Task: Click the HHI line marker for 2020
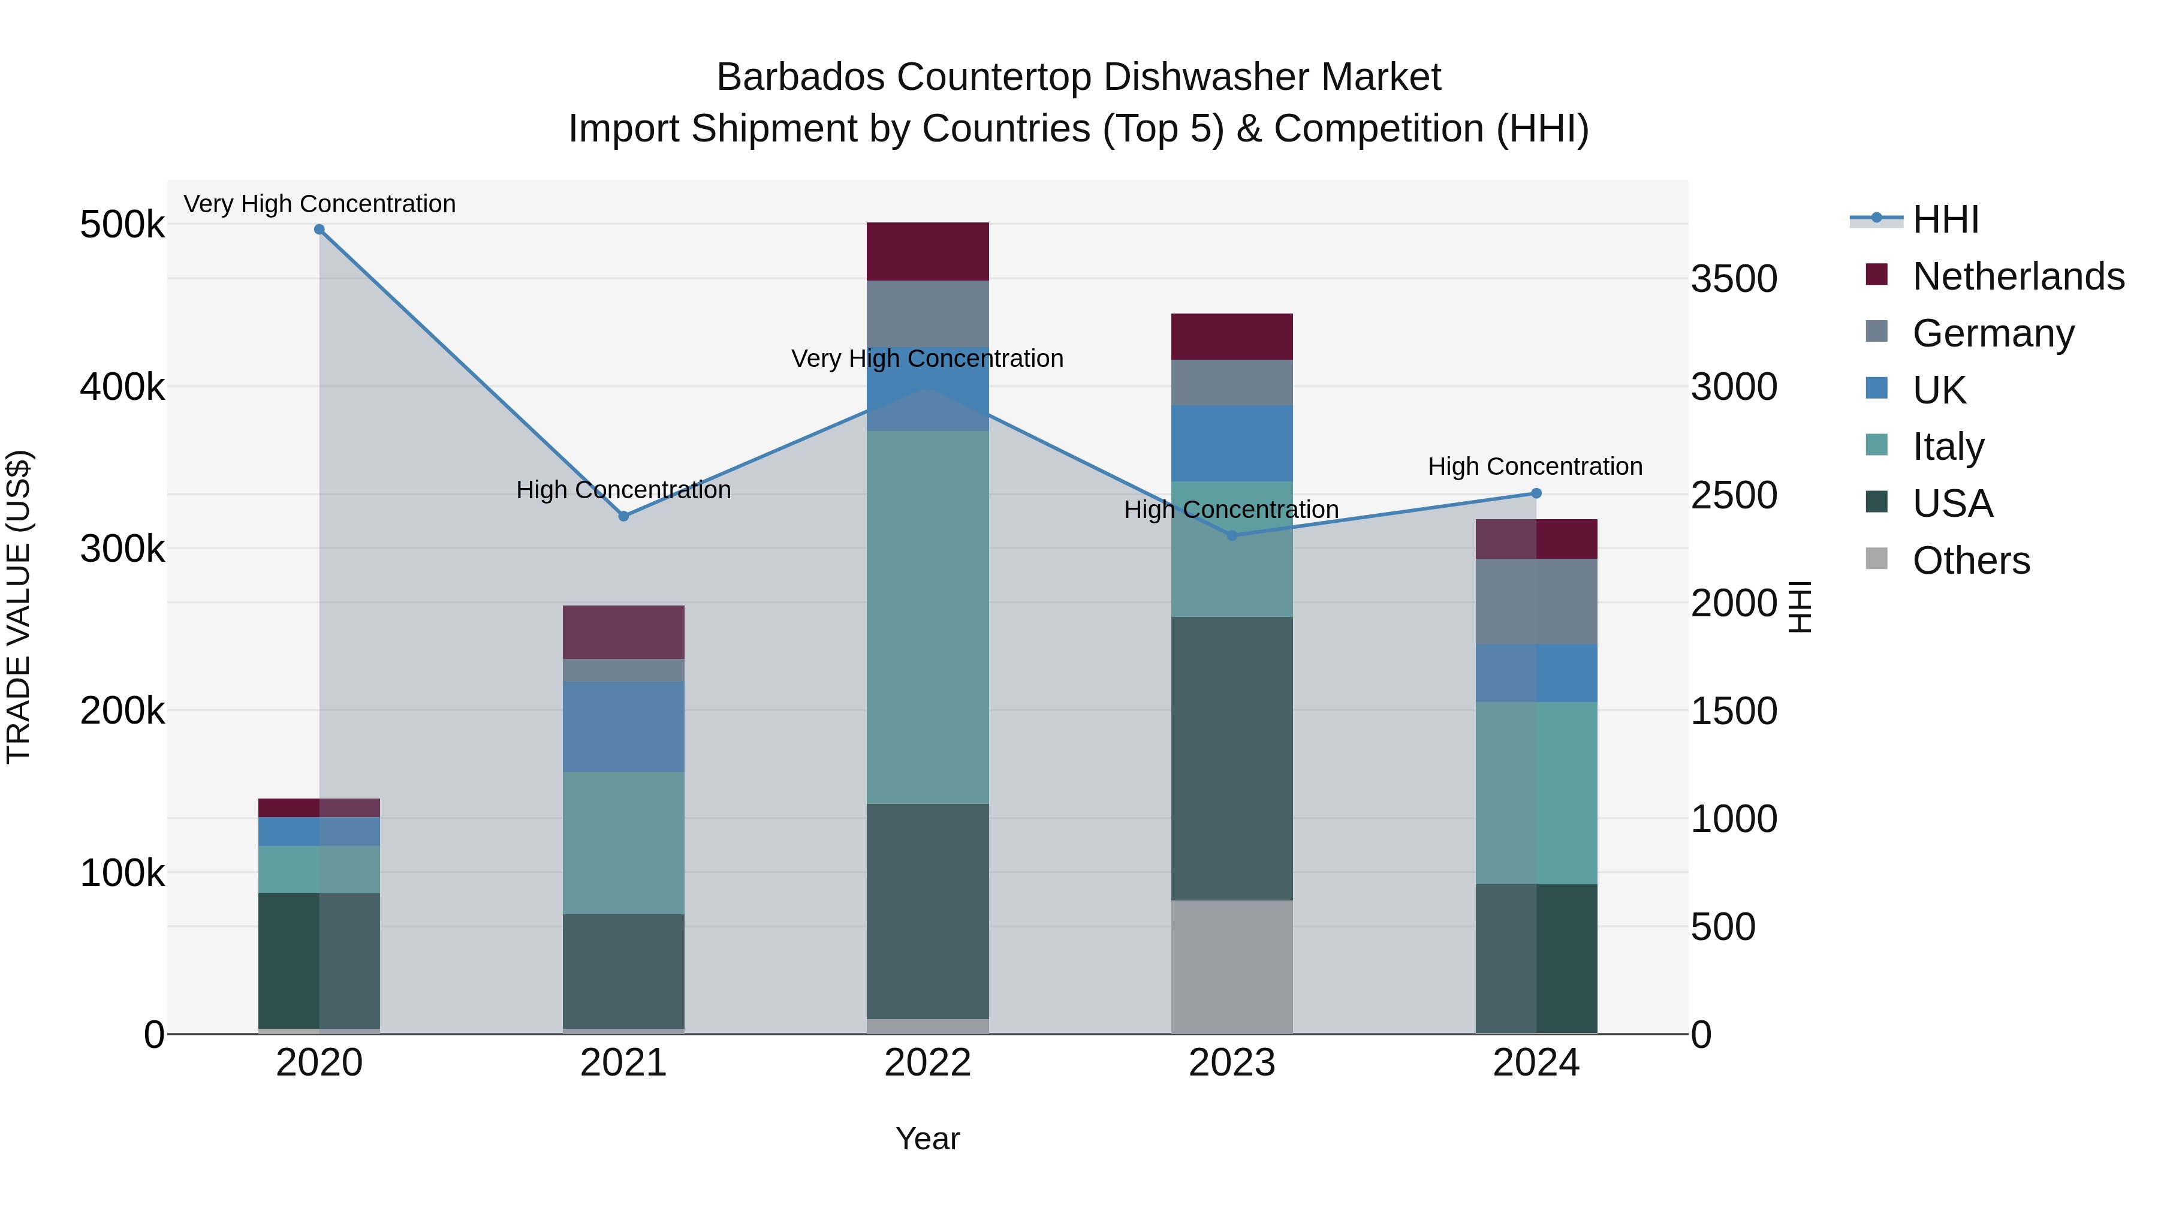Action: click(319, 230)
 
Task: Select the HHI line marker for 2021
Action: click(623, 516)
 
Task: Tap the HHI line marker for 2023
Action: click(1231, 535)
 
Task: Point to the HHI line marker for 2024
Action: click(1536, 493)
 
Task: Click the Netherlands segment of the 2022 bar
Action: click(927, 251)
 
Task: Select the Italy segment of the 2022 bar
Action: click(927, 617)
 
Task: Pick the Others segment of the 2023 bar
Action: click(1231, 967)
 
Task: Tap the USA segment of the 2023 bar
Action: click(1231, 758)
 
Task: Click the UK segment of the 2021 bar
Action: click(623, 727)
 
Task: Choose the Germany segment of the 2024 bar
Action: click(1536, 601)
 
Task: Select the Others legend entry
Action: click(1970, 560)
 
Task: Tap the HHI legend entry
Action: click(1945, 219)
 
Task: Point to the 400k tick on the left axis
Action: click(122, 387)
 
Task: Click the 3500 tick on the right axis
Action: click(1733, 279)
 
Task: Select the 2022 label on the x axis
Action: click(927, 1063)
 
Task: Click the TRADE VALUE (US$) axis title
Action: click(19, 607)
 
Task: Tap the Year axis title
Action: click(927, 1138)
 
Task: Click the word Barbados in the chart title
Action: click(800, 77)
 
